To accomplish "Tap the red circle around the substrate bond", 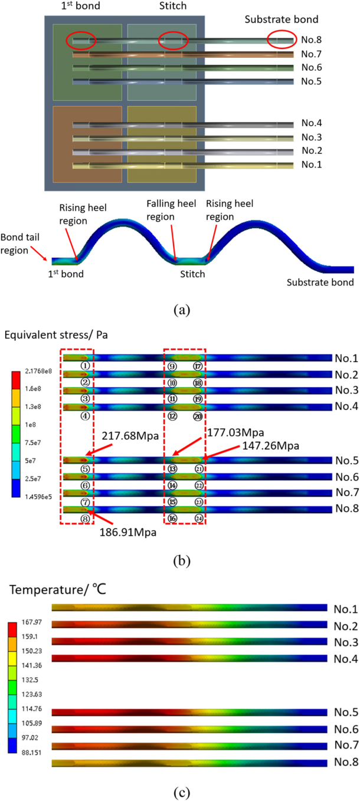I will coord(281,40).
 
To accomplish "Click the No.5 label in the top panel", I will coord(311,81).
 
